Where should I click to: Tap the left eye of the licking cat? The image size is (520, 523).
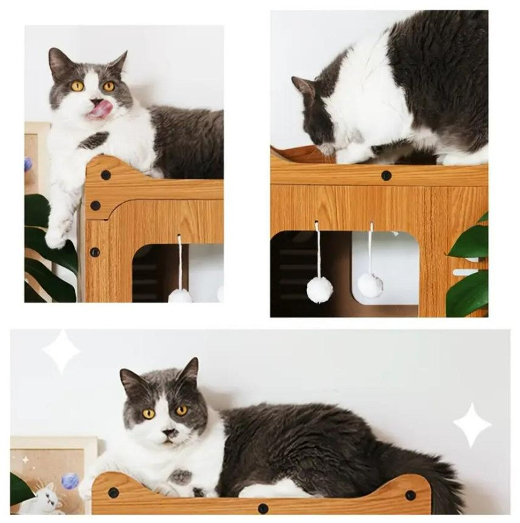77,86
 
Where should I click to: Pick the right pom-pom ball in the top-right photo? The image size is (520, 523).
369,285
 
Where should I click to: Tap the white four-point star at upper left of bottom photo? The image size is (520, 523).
61,351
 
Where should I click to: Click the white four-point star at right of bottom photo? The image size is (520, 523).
472,425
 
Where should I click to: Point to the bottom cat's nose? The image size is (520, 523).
169,432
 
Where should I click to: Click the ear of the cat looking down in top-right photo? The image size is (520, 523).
302,85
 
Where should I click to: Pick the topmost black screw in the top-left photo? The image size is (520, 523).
106,175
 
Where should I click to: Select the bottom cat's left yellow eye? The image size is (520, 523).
149,414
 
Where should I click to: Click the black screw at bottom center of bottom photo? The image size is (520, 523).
262,508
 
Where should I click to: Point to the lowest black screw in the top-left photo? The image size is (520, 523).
94,252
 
